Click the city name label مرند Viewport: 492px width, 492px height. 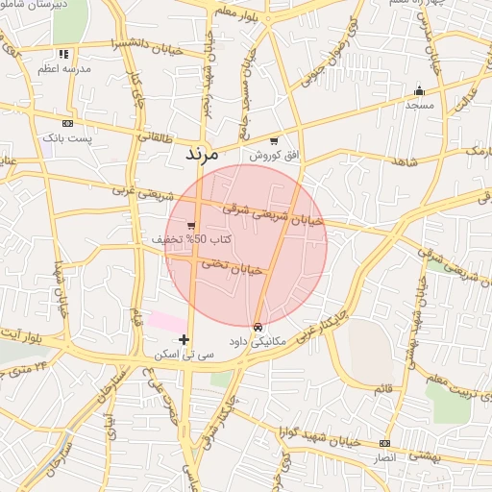pyautogui.click(x=202, y=154)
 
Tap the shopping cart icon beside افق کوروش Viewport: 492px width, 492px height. pyautogui.click(x=274, y=140)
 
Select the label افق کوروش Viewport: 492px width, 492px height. pyautogui.click(x=275, y=155)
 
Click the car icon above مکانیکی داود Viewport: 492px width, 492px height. pyautogui.click(x=257, y=327)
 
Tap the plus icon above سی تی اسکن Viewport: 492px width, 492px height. pyautogui.click(x=184, y=339)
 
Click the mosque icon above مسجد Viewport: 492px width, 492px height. pyautogui.click(x=418, y=91)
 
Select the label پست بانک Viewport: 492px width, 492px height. pyautogui.click(x=66, y=138)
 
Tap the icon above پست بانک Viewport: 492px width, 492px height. pyautogui.click(x=66, y=124)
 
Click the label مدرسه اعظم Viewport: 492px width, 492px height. pyautogui.click(x=63, y=70)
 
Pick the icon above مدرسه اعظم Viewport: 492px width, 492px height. pyautogui.click(x=63, y=55)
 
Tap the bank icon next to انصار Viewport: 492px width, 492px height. pyautogui.click(x=385, y=443)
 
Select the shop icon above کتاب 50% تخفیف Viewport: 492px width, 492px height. pyautogui.click(x=179, y=225)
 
